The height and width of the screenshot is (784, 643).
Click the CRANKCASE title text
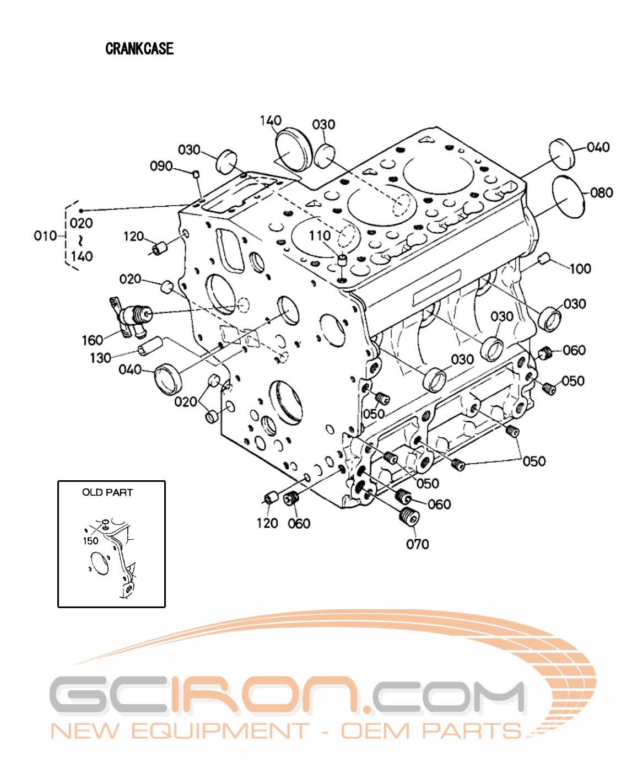pyautogui.click(x=139, y=49)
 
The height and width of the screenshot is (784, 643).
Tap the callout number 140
pyautogui.click(x=271, y=121)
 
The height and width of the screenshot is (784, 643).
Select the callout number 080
pyautogui.click(x=601, y=192)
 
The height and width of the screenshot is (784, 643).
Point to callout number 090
pyautogui.click(x=161, y=166)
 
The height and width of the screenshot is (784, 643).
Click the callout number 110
pyautogui.click(x=319, y=236)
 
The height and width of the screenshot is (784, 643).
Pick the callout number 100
pyautogui.click(x=580, y=269)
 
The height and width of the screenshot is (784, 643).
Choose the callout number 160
pyautogui.click(x=93, y=340)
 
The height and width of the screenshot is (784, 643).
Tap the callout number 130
pyautogui.click(x=100, y=358)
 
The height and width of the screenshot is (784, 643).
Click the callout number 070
pyautogui.click(x=417, y=544)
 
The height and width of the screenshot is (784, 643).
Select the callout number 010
pyautogui.click(x=45, y=236)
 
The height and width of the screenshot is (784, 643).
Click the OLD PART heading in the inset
pyautogui.click(x=107, y=492)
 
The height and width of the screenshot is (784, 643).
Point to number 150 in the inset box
pyautogui.click(x=90, y=540)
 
